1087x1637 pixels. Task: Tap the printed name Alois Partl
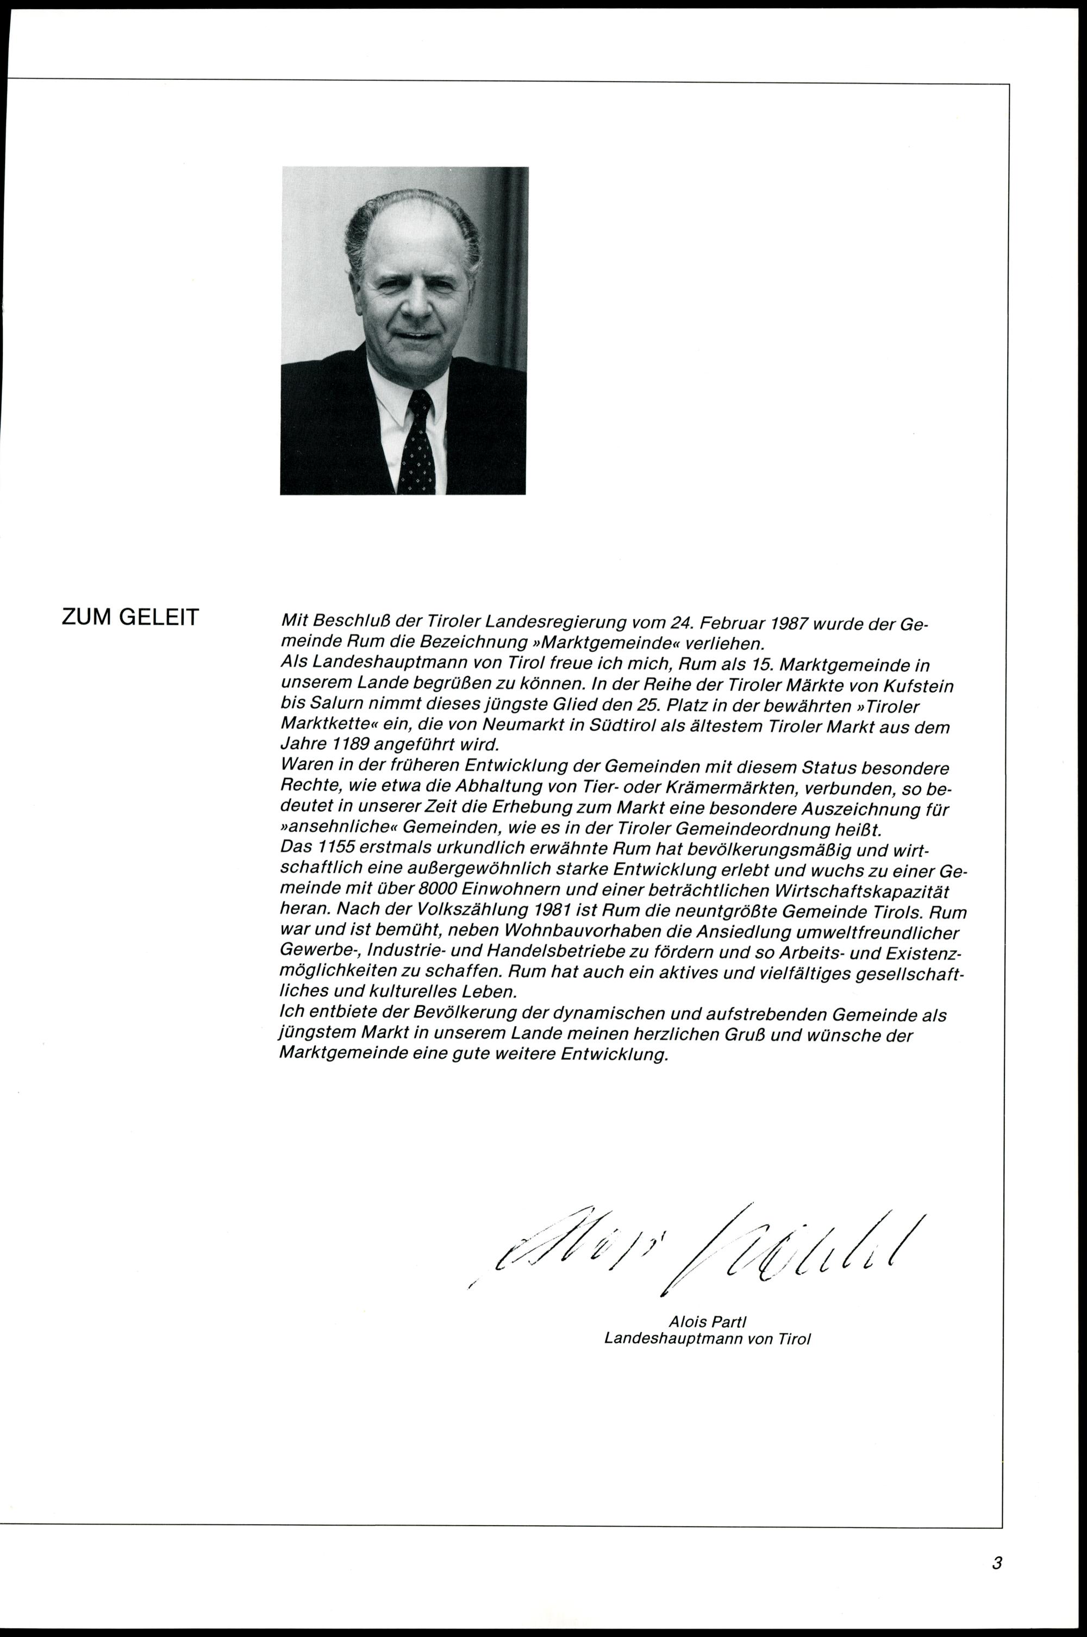tap(707, 1322)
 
